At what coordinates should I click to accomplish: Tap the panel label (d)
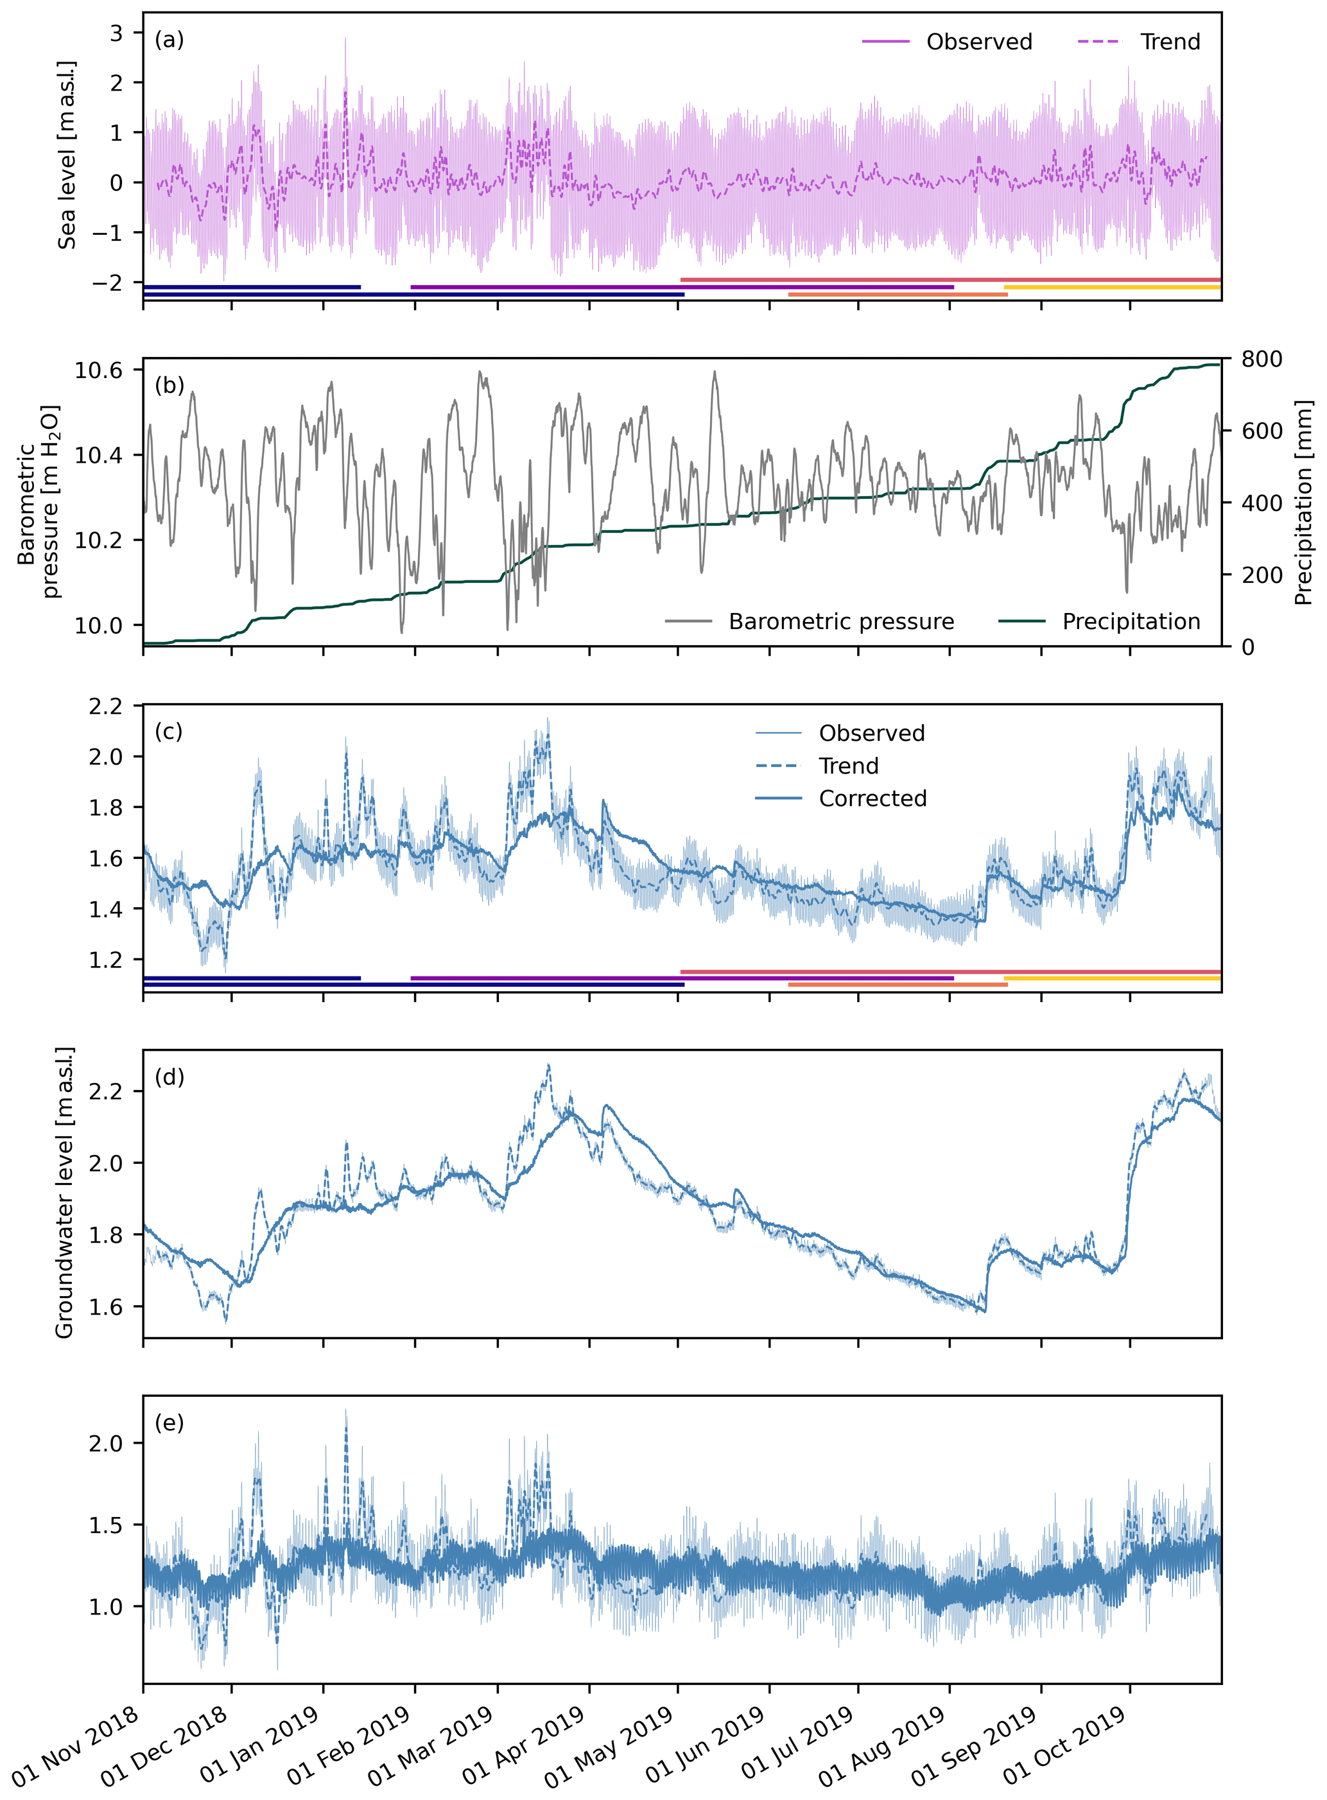click(x=169, y=1077)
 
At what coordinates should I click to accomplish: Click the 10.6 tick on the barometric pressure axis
click(x=98, y=370)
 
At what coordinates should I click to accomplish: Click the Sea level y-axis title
click(x=67, y=154)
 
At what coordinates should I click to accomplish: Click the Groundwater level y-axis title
click(x=64, y=1193)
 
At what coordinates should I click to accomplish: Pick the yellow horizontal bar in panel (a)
click(x=1112, y=287)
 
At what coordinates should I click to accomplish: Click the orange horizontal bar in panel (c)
click(x=898, y=985)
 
